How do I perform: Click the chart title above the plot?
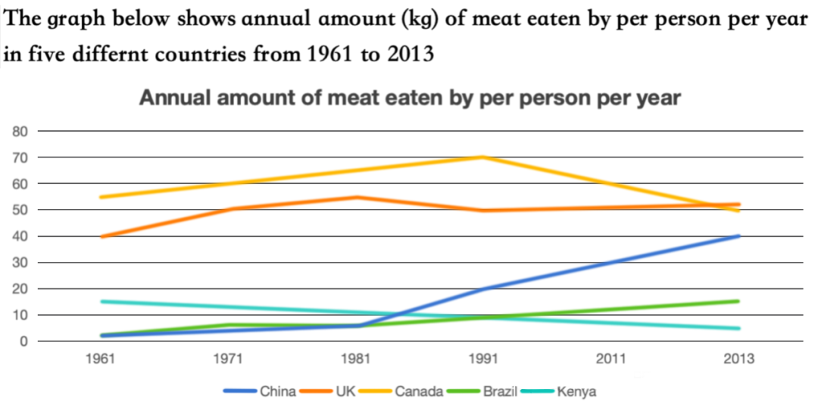coord(409,98)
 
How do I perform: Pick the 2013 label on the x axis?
coord(738,360)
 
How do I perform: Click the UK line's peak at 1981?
coord(355,197)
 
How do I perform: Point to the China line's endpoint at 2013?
coord(738,235)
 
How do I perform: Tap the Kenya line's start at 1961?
coord(101,301)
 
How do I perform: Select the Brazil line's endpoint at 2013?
coord(738,301)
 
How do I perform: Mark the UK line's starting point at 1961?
coord(101,236)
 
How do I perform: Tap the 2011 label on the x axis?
coord(610,360)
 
